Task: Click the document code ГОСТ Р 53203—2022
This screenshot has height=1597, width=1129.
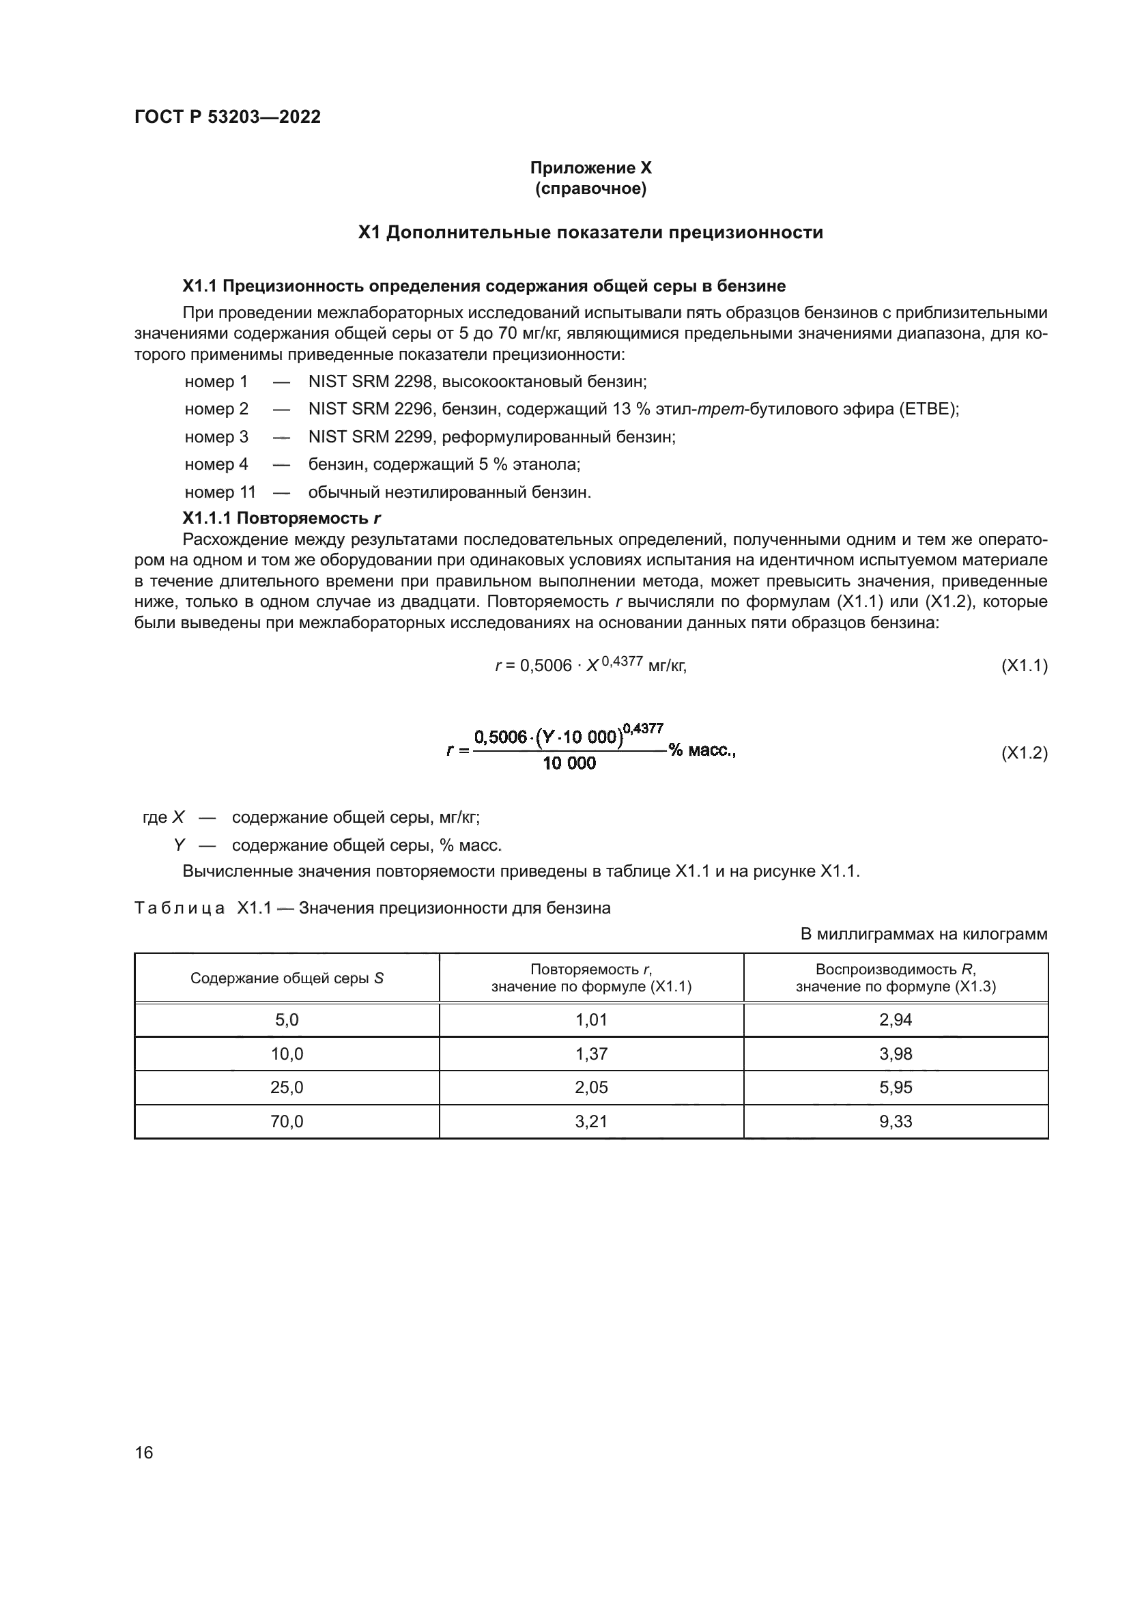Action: click(x=227, y=117)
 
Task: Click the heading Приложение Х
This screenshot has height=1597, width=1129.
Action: click(x=590, y=168)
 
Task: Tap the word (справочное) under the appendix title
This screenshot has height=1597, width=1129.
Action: click(x=590, y=188)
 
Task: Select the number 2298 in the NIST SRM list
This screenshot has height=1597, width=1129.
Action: click(x=413, y=382)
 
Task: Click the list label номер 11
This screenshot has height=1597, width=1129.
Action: click(x=220, y=492)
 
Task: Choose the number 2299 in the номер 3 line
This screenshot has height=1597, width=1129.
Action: click(x=413, y=437)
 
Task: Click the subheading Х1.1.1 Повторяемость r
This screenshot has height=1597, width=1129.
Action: click(x=281, y=518)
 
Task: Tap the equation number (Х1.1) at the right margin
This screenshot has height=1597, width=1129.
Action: click(x=1023, y=666)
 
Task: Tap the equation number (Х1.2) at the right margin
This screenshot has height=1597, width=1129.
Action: click(x=1023, y=752)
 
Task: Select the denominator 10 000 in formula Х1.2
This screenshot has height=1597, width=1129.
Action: click(x=569, y=764)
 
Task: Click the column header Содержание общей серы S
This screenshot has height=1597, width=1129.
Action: click(x=287, y=978)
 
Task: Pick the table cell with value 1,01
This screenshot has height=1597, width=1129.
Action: click(x=591, y=1019)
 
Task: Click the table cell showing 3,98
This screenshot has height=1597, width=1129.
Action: click(x=896, y=1054)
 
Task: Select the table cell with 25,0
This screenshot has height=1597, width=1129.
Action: click(x=287, y=1087)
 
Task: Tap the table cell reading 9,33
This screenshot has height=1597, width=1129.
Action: click(x=896, y=1121)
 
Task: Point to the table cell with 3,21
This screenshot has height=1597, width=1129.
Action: click(x=591, y=1121)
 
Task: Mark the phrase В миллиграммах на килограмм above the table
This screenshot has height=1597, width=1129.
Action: click(x=924, y=934)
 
